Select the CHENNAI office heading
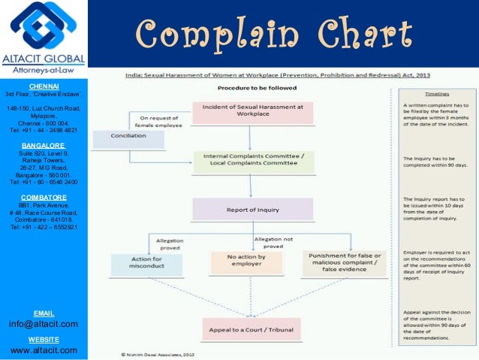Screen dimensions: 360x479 point(43,86)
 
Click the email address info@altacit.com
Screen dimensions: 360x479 point(43,324)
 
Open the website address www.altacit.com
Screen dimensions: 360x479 point(43,350)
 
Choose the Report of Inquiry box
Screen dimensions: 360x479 point(252,209)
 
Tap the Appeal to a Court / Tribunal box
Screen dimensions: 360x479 point(251,329)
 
